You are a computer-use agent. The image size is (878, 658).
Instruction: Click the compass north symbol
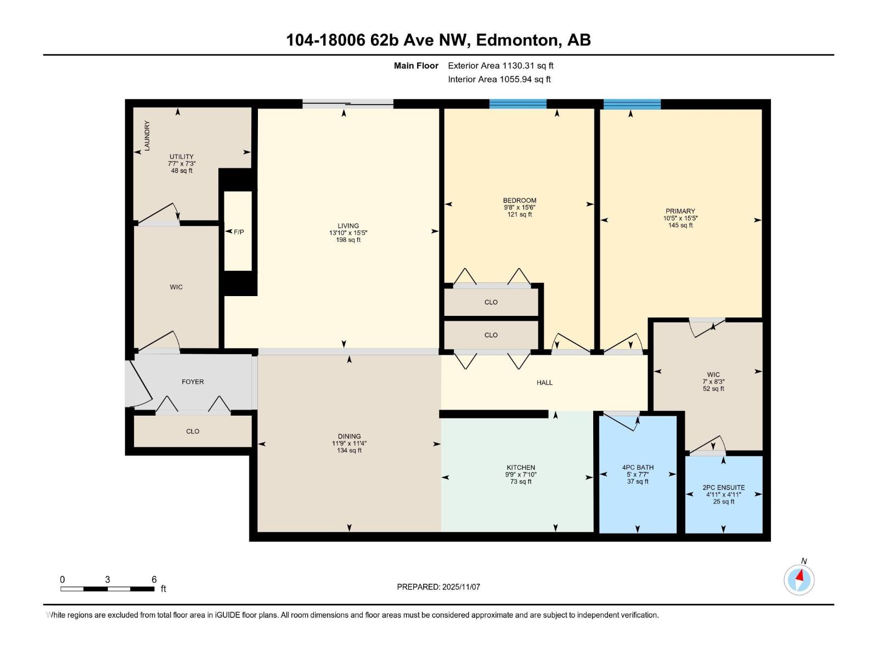799,579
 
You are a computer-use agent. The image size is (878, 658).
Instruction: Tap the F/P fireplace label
239,232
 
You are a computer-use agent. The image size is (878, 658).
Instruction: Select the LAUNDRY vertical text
147,136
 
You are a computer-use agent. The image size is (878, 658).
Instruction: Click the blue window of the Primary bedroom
632,104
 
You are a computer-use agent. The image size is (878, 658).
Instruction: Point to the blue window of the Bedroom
517,104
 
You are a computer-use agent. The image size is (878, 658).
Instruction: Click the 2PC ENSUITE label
723,487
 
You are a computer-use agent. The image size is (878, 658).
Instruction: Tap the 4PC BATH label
638,468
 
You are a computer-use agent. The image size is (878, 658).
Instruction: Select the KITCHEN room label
520,468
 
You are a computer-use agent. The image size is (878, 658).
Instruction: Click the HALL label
544,383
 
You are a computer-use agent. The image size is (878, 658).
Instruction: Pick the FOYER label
193,382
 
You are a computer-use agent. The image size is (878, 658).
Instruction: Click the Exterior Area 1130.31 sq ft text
500,66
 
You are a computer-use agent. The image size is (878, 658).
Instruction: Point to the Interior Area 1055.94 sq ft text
499,80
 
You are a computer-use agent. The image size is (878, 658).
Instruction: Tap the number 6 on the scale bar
154,580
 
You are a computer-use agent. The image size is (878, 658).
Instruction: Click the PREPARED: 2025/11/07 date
438,587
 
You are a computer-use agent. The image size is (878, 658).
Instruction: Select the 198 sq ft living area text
348,240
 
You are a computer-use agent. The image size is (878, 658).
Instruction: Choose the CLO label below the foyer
193,432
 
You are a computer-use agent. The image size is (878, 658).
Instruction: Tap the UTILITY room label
181,157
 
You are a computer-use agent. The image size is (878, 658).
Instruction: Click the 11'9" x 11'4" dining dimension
349,444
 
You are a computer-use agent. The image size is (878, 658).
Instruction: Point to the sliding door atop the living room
347,104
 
